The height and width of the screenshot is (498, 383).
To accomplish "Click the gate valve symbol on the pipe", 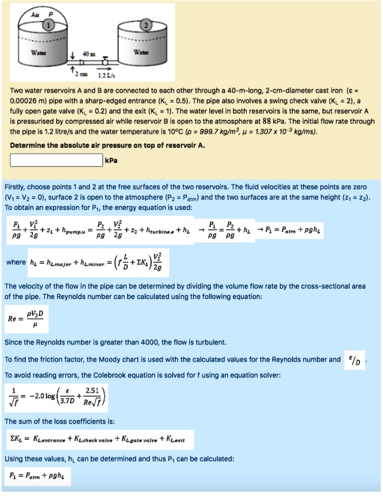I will (104, 62).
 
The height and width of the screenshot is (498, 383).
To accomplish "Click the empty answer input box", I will (57, 162).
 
